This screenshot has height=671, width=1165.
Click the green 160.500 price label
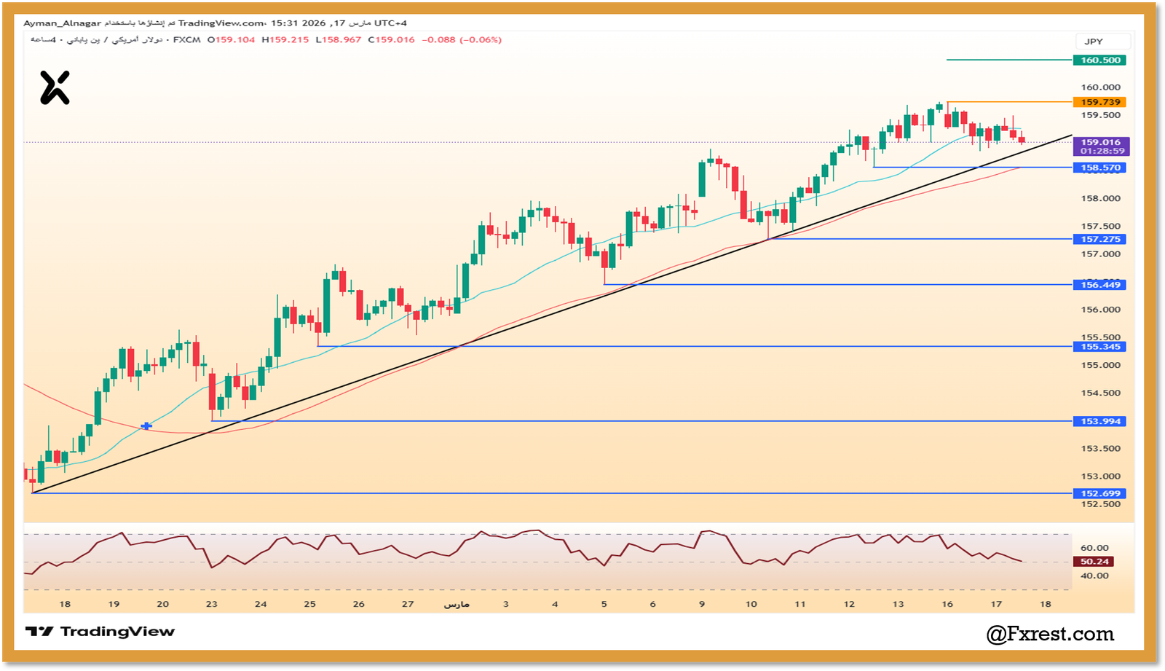click(1099, 60)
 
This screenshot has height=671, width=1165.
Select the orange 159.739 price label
click(1099, 103)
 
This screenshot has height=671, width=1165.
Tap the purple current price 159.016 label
click(1100, 143)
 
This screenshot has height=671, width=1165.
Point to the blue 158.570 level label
click(1099, 168)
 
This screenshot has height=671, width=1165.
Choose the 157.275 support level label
click(1099, 239)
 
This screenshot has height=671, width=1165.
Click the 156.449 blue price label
click(1099, 285)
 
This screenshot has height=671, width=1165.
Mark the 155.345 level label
click(1099, 347)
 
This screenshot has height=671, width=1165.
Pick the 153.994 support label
click(1099, 421)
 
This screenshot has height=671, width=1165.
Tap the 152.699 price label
click(1099, 493)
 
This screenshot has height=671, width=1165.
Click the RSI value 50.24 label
click(1094, 562)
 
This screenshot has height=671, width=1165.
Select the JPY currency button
click(1094, 42)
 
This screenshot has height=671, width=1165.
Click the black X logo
click(55, 87)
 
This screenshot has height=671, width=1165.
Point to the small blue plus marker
click(146, 425)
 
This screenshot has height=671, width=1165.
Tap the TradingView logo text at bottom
click(100, 632)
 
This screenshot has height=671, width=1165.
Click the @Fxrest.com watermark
click(1049, 635)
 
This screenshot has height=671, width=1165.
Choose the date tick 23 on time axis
click(211, 604)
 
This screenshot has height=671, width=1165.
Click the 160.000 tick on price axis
click(1100, 87)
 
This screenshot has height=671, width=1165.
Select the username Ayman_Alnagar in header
click(62, 23)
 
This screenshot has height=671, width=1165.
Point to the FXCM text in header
click(186, 40)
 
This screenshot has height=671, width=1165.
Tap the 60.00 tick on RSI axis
click(1094, 548)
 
